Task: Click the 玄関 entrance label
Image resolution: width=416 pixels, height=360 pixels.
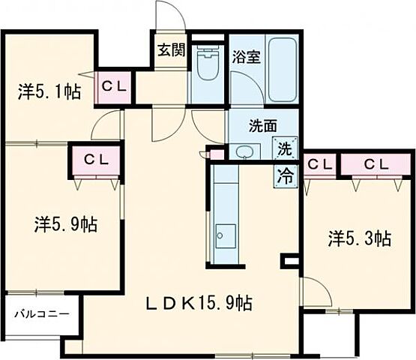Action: pos(170,51)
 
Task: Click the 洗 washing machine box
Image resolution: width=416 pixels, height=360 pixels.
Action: pos(285,148)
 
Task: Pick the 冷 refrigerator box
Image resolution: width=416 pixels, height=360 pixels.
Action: pos(286,176)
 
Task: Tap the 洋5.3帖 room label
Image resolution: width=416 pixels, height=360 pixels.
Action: pos(358,238)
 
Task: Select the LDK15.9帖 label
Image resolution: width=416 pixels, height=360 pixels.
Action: pos(198,303)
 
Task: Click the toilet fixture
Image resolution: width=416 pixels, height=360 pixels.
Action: pos(205,66)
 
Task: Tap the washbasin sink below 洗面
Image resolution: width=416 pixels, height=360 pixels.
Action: pos(246,151)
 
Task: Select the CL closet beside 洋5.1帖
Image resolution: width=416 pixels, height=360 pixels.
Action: pos(114,84)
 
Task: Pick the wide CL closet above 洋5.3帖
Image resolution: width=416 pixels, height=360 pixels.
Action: pos(376,164)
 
